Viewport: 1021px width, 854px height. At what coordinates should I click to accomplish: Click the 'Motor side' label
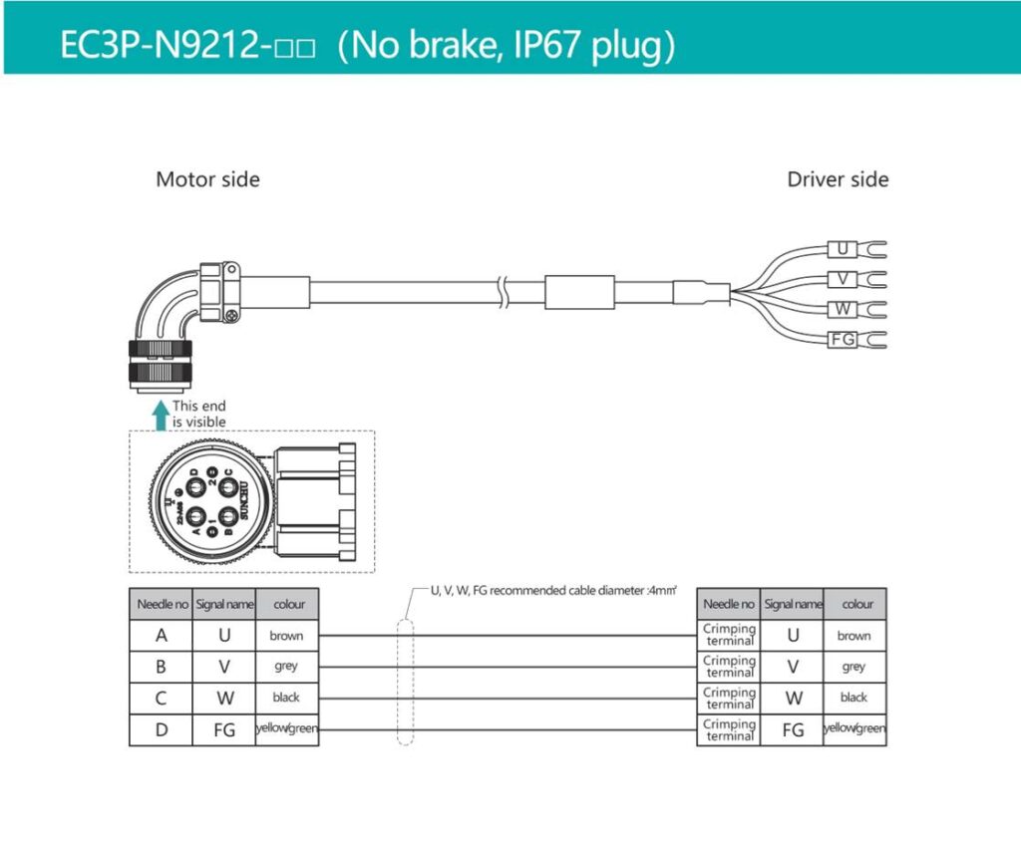click(x=207, y=180)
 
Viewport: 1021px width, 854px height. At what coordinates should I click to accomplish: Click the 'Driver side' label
click(x=838, y=180)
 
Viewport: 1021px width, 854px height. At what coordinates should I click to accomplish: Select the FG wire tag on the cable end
click(x=843, y=340)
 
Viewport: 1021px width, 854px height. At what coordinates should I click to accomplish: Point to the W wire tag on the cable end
click(x=843, y=310)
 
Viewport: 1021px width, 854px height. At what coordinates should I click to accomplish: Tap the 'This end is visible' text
click(x=199, y=414)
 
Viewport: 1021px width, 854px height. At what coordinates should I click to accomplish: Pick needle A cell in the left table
click(x=161, y=636)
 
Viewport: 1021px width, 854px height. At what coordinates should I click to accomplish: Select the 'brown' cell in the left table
click(x=286, y=636)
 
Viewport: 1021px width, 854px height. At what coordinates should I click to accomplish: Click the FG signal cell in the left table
click(x=224, y=730)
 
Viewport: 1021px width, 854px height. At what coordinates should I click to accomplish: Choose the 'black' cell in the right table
click(x=853, y=698)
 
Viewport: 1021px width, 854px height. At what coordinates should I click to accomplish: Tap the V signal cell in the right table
click(x=793, y=667)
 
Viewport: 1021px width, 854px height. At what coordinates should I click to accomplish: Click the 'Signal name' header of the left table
click(x=224, y=604)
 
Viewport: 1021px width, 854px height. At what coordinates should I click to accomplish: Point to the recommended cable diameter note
click(x=553, y=591)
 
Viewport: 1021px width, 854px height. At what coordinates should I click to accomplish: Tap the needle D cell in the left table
click(x=161, y=730)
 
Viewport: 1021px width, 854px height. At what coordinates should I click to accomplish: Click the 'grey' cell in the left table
click(x=286, y=667)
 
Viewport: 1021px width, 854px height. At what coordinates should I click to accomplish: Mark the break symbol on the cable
click(x=510, y=291)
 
